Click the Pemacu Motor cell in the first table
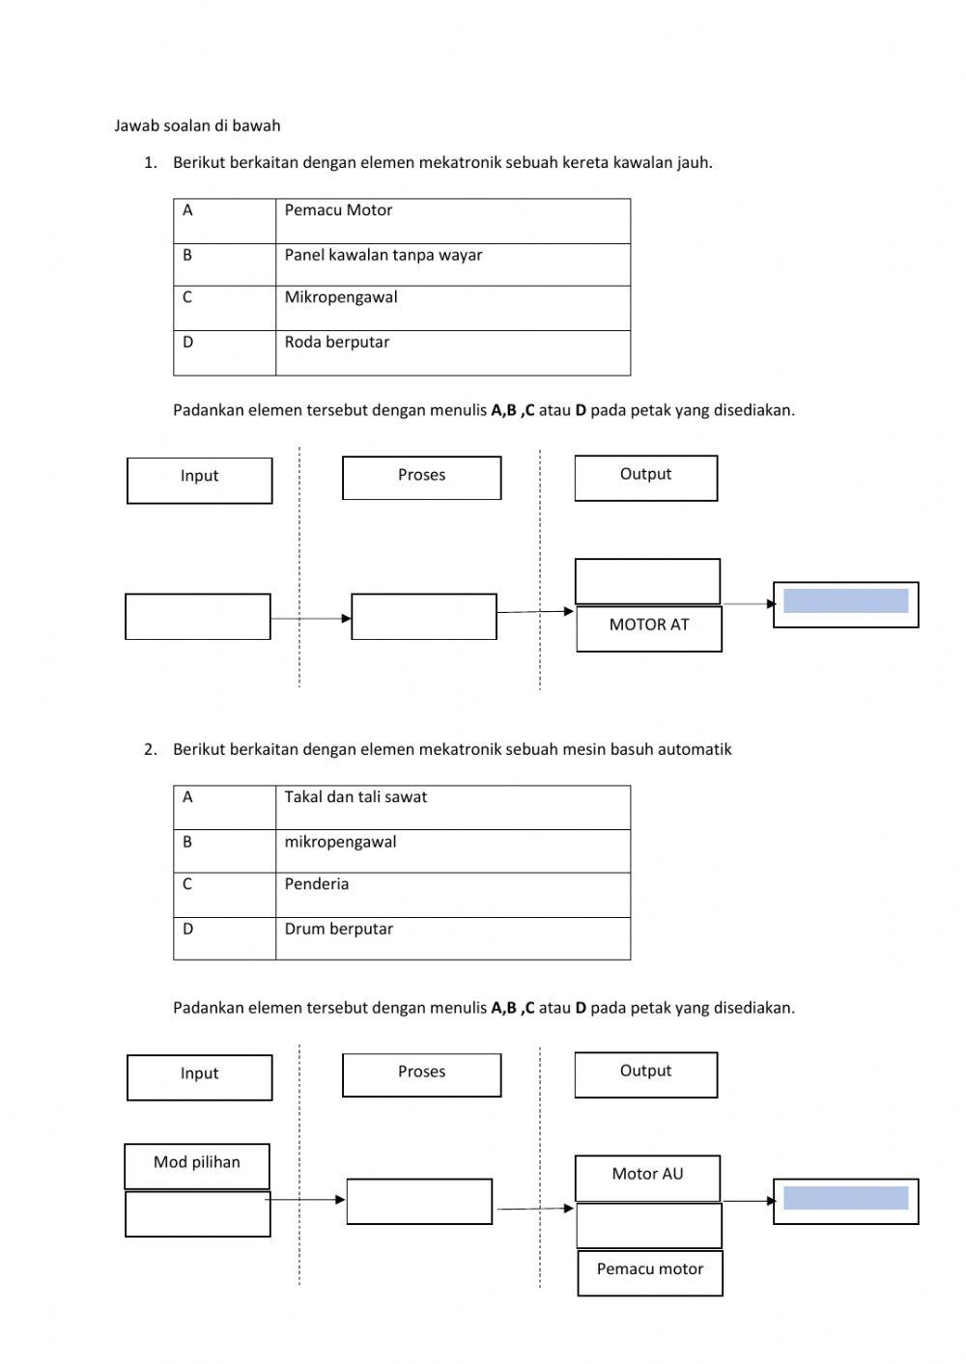click(452, 221)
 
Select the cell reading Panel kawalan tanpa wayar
click(452, 264)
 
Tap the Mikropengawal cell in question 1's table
click(452, 308)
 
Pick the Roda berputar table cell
click(452, 352)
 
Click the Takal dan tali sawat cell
click(452, 807)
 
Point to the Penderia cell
click(452, 895)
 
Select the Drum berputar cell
click(452, 938)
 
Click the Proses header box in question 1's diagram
click(422, 478)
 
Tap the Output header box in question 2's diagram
click(645, 1074)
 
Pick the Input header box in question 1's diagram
click(200, 480)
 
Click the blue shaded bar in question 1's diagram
click(845, 601)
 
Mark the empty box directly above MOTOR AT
click(647, 581)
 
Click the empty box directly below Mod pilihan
click(197, 1214)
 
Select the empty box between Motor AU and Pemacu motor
click(649, 1225)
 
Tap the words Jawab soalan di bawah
click(197, 125)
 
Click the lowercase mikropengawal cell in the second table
click(452, 851)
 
